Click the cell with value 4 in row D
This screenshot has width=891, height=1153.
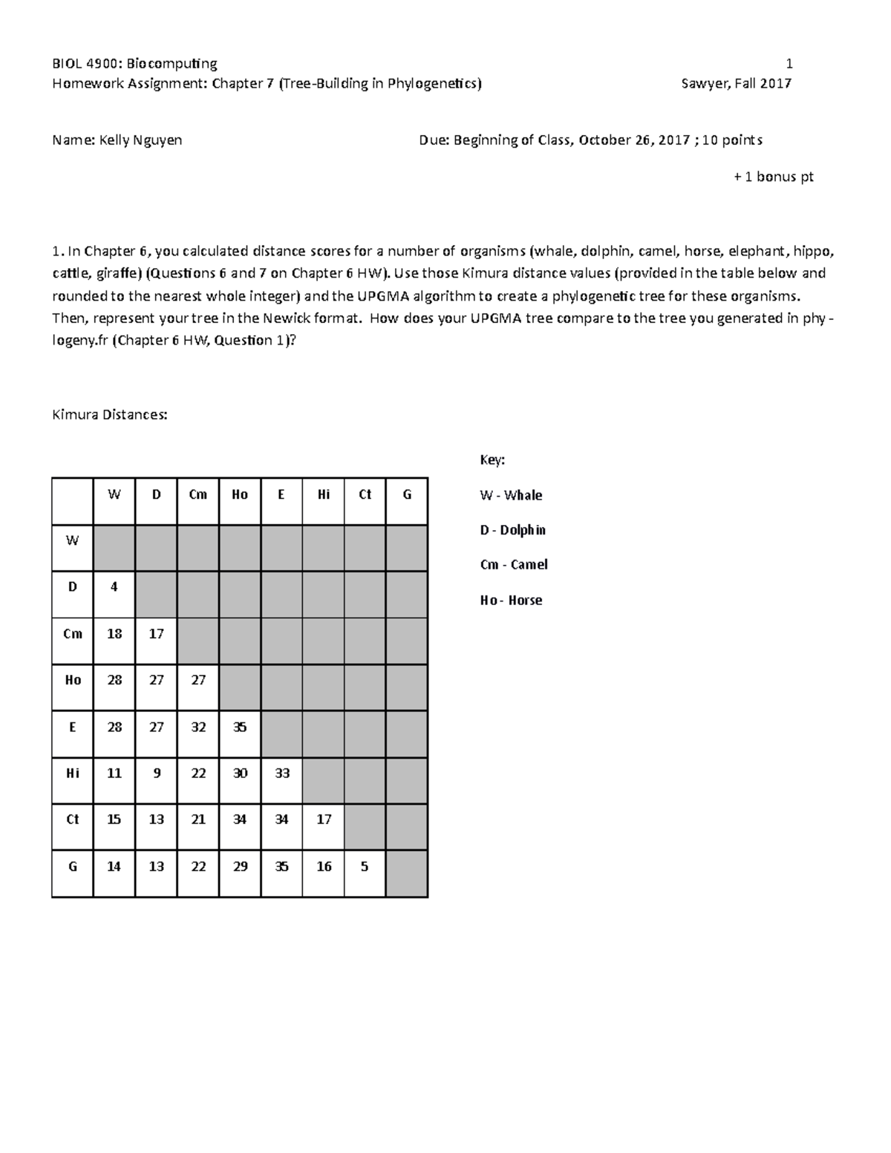pyautogui.click(x=114, y=587)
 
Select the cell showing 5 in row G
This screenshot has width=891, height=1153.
pyautogui.click(x=365, y=866)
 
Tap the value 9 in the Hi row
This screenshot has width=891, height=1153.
pyautogui.click(x=156, y=773)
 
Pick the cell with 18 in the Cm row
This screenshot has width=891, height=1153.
pyautogui.click(x=114, y=634)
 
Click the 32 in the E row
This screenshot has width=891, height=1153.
pyautogui.click(x=198, y=727)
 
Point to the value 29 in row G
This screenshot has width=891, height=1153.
pyautogui.click(x=240, y=866)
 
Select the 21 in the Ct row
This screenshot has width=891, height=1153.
pyautogui.click(x=198, y=819)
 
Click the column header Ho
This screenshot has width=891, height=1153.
pyautogui.click(x=240, y=494)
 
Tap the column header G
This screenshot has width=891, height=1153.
pyautogui.click(x=407, y=494)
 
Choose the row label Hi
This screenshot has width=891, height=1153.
pyautogui.click(x=73, y=773)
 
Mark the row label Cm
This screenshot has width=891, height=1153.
pyautogui.click(x=73, y=634)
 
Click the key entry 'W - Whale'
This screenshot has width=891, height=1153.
pyautogui.click(x=511, y=495)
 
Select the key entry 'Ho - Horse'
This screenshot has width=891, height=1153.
pyautogui.click(x=511, y=600)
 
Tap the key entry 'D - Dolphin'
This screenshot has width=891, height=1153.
pyautogui.click(x=512, y=530)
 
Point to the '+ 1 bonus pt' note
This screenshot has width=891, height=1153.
pyautogui.click(x=773, y=177)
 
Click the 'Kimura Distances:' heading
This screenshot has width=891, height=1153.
pyautogui.click(x=110, y=414)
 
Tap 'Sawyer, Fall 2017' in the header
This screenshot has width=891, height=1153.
pyautogui.click(x=736, y=83)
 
